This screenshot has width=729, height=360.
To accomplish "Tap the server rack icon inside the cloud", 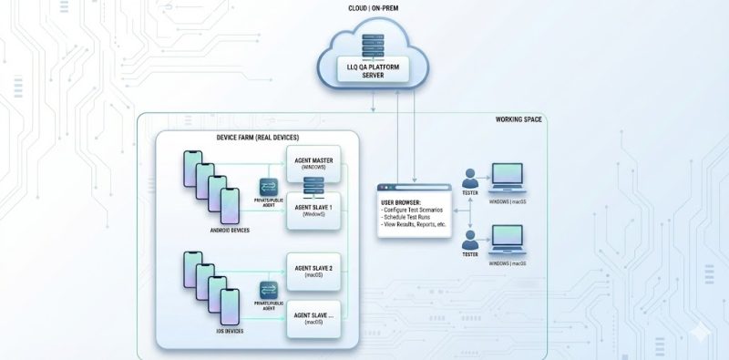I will tap(372, 46).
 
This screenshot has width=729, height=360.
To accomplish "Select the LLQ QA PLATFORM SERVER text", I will tap(372, 72).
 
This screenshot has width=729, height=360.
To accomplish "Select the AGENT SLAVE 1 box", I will tap(313, 211).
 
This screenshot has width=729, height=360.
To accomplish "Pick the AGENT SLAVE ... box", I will tap(313, 318).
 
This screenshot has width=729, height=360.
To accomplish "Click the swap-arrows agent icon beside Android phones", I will tap(268, 186).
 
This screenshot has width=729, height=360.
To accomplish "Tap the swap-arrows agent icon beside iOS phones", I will tap(268, 286).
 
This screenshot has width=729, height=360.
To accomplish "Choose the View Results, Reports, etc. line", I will tap(416, 225).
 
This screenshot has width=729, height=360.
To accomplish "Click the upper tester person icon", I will tap(470, 176).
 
